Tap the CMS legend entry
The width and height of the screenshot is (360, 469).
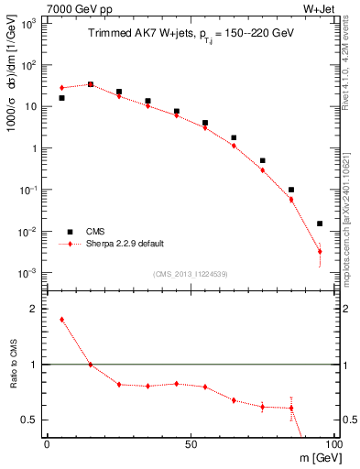tap(96, 233)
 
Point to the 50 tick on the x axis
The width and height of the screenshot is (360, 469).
tap(190, 443)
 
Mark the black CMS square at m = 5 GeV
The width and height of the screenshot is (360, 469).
tap(61, 98)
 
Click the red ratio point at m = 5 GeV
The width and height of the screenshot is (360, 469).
tap(61, 320)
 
